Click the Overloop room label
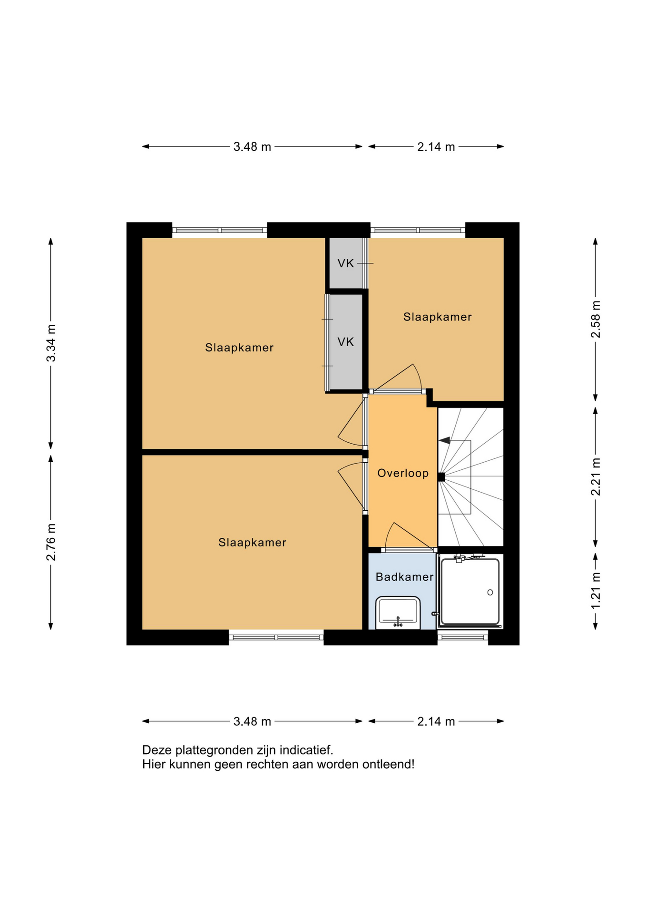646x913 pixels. (403, 473)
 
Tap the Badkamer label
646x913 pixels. (404, 577)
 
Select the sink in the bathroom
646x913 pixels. (398, 612)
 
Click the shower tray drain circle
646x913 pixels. (490, 592)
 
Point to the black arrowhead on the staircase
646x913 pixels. (444, 440)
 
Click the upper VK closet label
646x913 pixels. (346, 263)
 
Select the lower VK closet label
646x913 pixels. (346, 341)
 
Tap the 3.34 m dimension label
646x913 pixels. (51, 343)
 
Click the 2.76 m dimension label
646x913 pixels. (51, 542)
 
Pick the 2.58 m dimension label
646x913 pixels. (596, 319)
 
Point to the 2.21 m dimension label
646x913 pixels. (596, 476)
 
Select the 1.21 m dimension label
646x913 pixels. (596, 590)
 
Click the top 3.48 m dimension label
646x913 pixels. (252, 147)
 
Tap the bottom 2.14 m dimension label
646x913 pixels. (436, 721)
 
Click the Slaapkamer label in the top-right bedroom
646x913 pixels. (437, 317)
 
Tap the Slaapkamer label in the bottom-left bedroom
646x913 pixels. (252, 542)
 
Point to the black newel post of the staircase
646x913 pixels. (441, 477)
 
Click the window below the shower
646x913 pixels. (463, 637)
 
